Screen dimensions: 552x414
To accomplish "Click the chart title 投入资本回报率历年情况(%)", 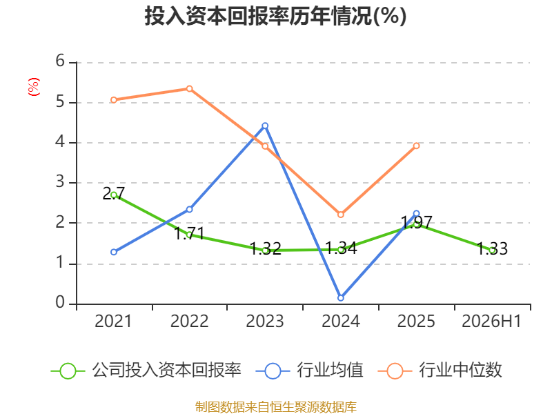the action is pyautogui.click(x=275, y=16).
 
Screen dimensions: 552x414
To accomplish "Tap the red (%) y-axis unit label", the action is pyautogui.click(x=34, y=87).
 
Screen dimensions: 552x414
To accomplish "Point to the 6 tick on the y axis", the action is pyautogui.click(x=60, y=61).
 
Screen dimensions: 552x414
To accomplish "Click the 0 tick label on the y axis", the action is pyautogui.click(x=60, y=302).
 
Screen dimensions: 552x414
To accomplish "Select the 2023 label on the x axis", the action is pyautogui.click(x=265, y=322).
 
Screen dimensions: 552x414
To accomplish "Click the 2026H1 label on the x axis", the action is pyautogui.click(x=491, y=322).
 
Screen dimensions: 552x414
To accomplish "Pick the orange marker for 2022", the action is pyautogui.click(x=189, y=89).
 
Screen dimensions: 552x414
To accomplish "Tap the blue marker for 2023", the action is pyautogui.click(x=265, y=126).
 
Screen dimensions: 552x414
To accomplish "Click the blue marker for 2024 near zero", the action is pyautogui.click(x=341, y=298).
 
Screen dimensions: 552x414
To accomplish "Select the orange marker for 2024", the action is pyautogui.click(x=341, y=215).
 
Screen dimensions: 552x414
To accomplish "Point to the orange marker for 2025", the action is pyautogui.click(x=417, y=146).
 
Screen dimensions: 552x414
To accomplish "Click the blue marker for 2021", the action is pyautogui.click(x=114, y=252).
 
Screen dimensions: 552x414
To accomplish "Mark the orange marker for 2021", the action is pyautogui.click(x=114, y=100).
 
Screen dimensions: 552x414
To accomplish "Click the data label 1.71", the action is pyautogui.click(x=189, y=234).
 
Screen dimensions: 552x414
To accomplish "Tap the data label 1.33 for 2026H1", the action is pyautogui.click(x=492, y=249).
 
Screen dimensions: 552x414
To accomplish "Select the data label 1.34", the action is pyautogui.click(x=341, y=248).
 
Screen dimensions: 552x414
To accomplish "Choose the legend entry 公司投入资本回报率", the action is pyautogui.click(x=146, y=371).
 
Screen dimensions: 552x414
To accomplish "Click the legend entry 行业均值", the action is pyautogui.click(x=309, y=371).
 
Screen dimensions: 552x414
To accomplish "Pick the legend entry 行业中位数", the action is pyautogui.click(x=440, y=371).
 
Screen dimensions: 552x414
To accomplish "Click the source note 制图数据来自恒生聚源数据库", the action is pyautogui.click(x=276, y=407).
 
